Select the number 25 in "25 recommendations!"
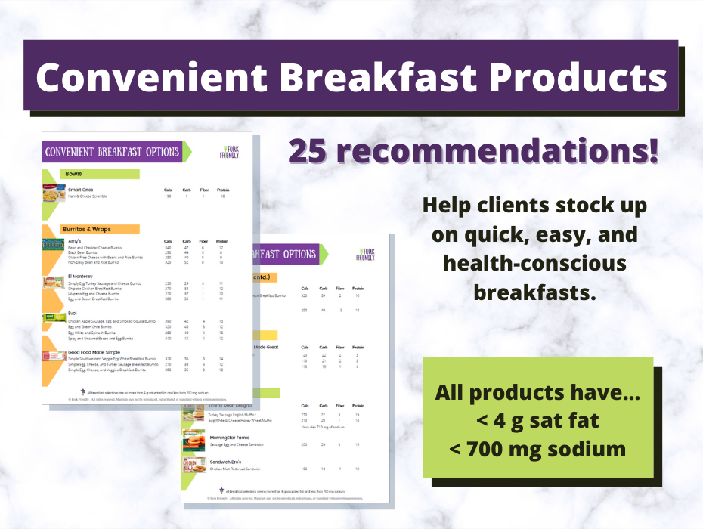[312, 152]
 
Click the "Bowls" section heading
[73, 174]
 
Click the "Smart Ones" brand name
[81, 189]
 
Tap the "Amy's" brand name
[75, 241]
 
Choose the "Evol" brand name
[73, 313]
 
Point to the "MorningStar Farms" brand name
[230, 438]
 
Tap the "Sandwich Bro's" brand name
[227, 462]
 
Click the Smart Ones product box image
[53, 193]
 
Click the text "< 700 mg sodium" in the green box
[537, 449]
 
